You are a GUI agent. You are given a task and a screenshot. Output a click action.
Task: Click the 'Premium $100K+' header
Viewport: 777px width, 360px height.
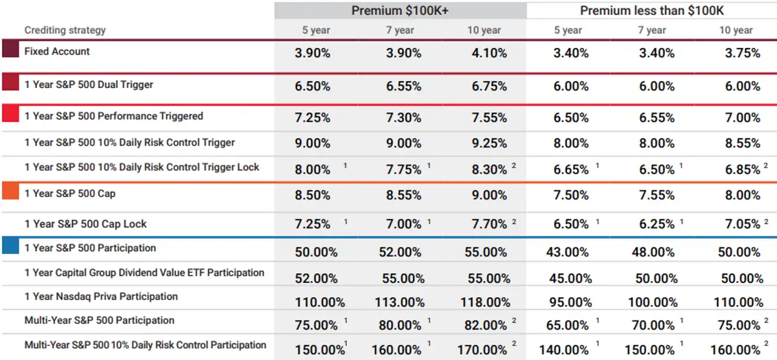(400, 10)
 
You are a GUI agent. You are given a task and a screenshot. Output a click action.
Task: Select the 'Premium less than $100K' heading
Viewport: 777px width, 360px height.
(651, 10)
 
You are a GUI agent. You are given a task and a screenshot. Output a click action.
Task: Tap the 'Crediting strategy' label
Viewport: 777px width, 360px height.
(65, 30)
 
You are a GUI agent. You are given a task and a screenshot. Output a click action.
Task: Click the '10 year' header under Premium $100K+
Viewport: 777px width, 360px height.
(483, 30)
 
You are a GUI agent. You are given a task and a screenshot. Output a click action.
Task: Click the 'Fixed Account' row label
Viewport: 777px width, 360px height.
(57, 51)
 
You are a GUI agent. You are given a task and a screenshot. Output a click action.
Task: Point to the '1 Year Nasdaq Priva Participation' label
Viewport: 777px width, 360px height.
(101, 297)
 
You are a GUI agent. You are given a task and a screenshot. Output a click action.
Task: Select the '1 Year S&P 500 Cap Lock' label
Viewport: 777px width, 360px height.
(85, 224)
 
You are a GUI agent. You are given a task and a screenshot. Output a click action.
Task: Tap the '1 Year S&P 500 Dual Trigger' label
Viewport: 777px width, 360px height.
(89, 85)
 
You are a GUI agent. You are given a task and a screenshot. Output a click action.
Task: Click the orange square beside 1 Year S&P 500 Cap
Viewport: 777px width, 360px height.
(10, 191)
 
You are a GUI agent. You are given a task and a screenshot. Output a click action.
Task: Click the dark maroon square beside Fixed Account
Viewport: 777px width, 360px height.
(10, 49)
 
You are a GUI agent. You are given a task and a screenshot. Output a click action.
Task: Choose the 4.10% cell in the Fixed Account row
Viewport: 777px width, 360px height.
(490, 53)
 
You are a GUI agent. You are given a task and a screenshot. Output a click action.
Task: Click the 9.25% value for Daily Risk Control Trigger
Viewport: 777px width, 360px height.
(490, 143)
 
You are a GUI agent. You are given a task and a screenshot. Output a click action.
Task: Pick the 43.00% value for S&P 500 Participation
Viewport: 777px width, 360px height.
(570, 253)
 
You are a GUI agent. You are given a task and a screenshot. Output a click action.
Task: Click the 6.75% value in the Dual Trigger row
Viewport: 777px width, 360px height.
(490, 86)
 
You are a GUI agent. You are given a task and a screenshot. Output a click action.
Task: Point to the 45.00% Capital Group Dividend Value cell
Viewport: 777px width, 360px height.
(570, 278)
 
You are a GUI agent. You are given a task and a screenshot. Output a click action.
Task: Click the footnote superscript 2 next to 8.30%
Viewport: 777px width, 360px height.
(514, 166)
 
